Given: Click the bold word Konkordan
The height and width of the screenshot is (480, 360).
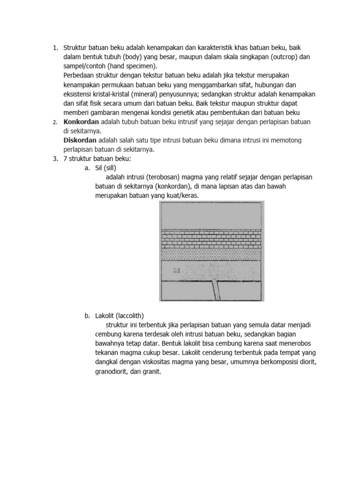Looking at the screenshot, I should tap(81, 122).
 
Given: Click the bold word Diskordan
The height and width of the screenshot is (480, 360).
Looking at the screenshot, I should tap(80, 140).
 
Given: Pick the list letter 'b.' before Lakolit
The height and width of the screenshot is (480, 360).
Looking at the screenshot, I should tap(88, 315).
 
